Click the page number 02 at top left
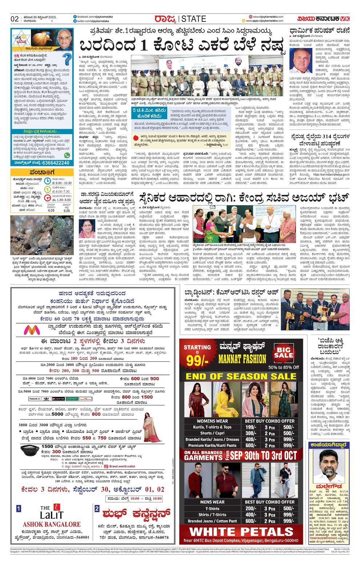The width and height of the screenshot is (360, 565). tap(15, 19)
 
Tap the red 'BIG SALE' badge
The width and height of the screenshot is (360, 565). tap(284, 353)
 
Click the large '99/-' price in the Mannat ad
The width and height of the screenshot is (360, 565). tap(197, 360)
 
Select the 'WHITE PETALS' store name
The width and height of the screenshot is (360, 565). tap(241, 532)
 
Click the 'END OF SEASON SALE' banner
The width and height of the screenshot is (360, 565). tap(241, 376)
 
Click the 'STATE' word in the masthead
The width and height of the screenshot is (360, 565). tap(194, 19)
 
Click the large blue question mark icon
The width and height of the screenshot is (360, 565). tap(67, 59)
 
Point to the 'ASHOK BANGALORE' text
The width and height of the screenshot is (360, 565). tap(52, 524)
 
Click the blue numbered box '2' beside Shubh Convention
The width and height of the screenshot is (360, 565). tap(97, 509)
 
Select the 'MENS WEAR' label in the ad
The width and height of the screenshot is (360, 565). tap(212, 502)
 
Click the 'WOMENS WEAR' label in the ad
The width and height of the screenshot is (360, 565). tap(212, 421)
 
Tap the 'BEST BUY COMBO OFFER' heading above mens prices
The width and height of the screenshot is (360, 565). tap(269, 502)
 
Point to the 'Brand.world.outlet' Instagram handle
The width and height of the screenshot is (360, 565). tap(122, 466)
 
